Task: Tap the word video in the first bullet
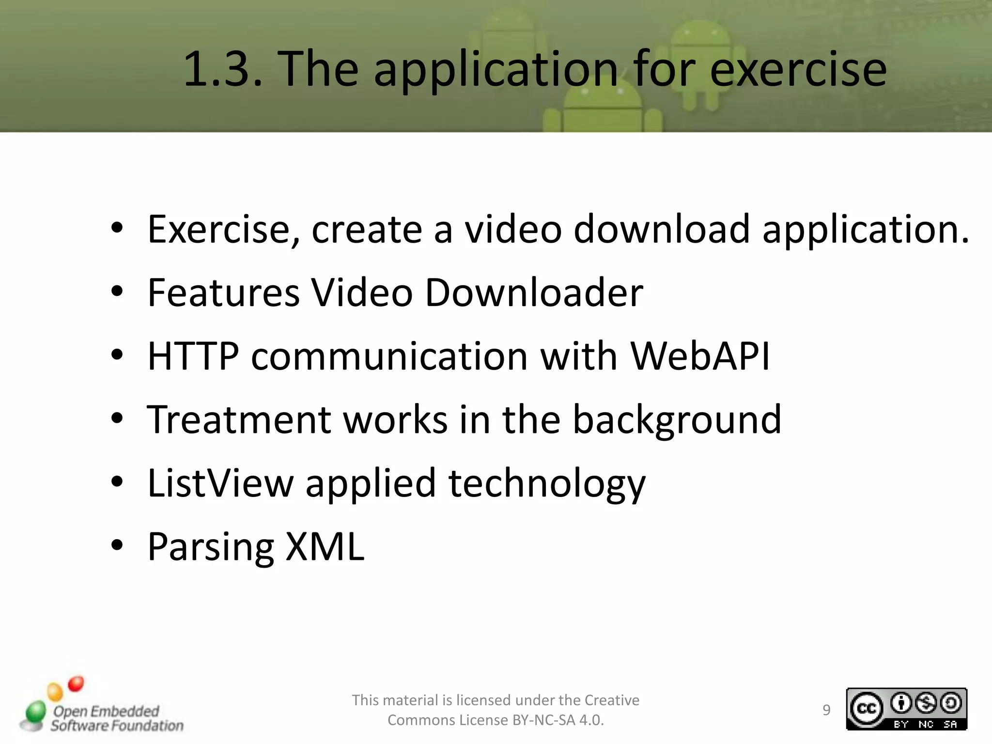(513, 229)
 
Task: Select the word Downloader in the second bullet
(534, 293)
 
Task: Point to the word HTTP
(193, 356)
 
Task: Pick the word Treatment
(239, 419)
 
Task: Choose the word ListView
(220, 483)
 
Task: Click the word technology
(547, 484)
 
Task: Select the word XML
(325, 546)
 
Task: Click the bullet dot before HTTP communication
(117, 355)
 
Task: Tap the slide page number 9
(826, 710)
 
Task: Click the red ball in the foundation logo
(76, 684)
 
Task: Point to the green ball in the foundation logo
(35, 712)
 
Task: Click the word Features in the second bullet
(223, 293)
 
